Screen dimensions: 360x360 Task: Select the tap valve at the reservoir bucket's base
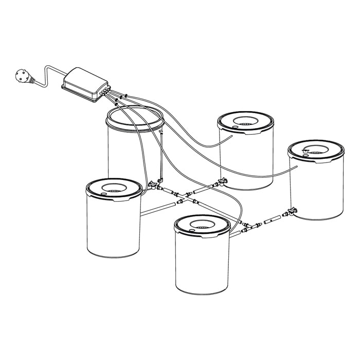153,184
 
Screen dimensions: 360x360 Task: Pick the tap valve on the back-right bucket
222,181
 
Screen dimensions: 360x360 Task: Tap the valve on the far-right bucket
292,211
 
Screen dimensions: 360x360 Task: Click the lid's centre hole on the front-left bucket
114,187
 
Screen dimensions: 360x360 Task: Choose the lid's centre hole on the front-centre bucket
202,225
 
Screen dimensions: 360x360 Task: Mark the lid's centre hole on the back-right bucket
245,121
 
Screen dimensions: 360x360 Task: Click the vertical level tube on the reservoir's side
160,157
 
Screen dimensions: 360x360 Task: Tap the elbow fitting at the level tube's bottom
160,182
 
